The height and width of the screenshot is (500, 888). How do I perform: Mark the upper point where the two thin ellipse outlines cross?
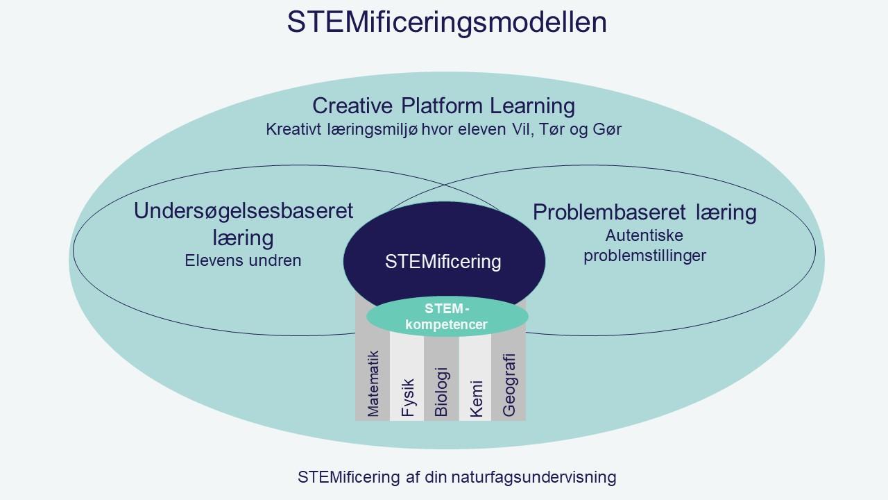pos(444,185)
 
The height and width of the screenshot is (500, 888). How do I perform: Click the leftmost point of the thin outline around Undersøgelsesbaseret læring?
pos(73,250)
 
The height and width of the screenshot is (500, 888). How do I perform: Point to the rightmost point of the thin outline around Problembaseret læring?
pos(816,250)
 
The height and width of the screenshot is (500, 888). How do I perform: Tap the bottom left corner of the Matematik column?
pos(355,421)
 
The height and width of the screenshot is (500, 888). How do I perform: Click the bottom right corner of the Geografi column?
pos(526,421)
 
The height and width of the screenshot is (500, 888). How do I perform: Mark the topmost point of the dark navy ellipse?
pos(444,201)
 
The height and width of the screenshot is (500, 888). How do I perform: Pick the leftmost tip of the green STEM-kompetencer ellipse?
pos(366,316)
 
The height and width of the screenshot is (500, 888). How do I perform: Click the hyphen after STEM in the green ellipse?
pos(467,309)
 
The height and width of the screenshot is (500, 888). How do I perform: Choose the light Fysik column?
pos(407,376)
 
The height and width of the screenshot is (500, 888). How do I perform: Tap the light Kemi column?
pos(475,377)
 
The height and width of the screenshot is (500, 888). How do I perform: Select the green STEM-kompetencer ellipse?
pos(447,316)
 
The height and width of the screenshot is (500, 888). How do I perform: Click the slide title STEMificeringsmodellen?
pos(447,23)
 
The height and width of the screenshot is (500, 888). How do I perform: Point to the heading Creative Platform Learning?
pos(443,106)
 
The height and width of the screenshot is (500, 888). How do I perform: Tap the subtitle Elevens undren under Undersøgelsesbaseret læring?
pos(243,260)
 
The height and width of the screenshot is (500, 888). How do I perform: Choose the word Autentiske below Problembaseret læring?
pos(644,235)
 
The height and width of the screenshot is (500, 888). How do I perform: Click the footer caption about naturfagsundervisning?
pos(456,477)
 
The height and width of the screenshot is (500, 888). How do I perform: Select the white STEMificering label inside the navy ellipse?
pos(443,262)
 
